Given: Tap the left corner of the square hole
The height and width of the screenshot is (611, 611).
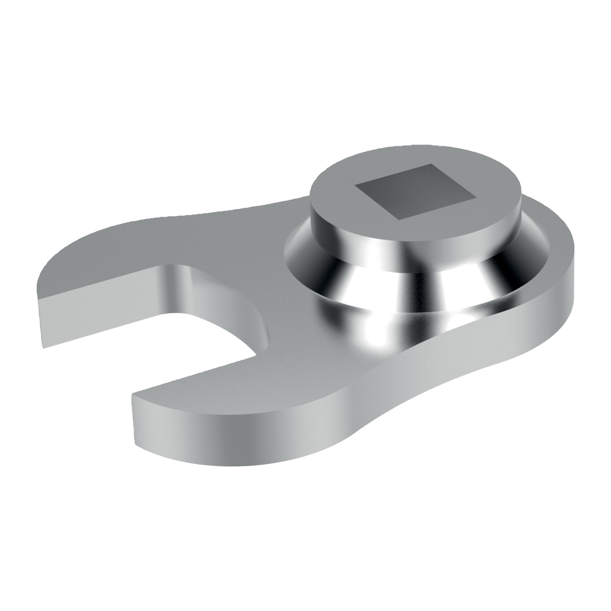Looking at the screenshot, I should (355, 185).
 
